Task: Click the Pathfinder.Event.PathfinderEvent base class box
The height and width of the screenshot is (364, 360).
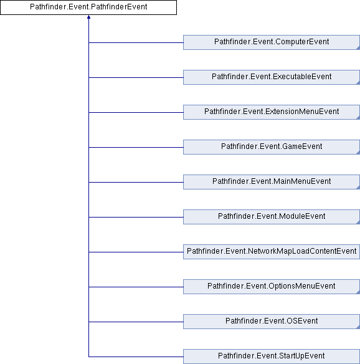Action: [88, 7]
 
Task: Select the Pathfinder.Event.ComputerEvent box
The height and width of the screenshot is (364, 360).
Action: [272, 42]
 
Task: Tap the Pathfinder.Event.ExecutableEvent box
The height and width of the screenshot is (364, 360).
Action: [272, 77]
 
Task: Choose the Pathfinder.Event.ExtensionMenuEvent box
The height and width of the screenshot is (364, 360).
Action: [272, 112]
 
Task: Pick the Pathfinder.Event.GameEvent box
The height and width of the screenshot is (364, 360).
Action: [272, 147]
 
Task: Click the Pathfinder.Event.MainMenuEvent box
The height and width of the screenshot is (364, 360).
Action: [272, 182]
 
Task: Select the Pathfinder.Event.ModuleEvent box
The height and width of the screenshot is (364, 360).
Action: [272, 217]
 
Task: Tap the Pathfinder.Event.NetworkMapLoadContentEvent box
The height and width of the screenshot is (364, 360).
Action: [272, 252]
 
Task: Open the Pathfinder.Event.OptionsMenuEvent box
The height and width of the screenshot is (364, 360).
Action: [272, 287]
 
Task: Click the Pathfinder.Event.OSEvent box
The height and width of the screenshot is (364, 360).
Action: [272, 322]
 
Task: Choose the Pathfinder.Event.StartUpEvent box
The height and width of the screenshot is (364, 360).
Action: [272, 357]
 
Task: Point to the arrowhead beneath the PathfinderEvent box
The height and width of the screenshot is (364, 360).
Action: [88, 17]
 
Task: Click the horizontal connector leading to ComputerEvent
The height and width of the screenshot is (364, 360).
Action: [136, 42]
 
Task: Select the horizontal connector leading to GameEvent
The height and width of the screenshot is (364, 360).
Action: [136, 147]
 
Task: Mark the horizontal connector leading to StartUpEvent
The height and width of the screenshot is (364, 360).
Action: [136, 357]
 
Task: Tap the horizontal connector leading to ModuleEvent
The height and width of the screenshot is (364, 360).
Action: [136, 217]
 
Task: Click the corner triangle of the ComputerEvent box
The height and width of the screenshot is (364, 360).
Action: [359, 48]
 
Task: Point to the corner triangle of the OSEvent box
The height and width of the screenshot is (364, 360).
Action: [359, 327]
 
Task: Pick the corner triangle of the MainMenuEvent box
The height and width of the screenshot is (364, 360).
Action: [359, 188]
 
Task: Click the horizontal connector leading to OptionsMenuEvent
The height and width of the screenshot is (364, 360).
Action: [136, 287]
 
